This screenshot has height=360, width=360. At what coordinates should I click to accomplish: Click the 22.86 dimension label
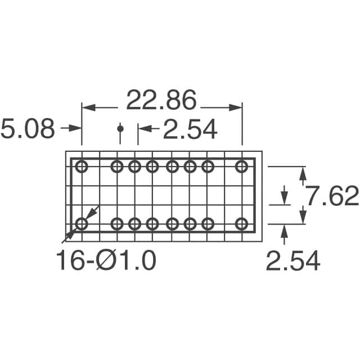(161, 100)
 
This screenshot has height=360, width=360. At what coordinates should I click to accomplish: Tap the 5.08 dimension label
(28, 128)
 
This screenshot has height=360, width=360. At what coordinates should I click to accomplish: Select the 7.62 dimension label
(333, 196)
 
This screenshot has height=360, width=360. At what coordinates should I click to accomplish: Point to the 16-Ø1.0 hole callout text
(106, 260)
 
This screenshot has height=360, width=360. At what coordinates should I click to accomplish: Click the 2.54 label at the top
(190, 129)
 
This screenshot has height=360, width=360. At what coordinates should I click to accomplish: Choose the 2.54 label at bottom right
(293, 260)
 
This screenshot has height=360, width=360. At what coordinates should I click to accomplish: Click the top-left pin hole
(82, 166)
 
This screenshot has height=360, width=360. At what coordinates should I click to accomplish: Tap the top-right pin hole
(242, 166)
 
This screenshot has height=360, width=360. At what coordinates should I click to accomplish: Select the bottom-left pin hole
(82, 224)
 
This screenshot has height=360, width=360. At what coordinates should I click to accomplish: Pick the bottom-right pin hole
(242, 224)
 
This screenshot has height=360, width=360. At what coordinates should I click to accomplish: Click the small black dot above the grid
(120, 129)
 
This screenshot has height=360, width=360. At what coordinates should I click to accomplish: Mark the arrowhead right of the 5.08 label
(75, 128)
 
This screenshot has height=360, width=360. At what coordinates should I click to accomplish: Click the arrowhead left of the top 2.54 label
(145, 129)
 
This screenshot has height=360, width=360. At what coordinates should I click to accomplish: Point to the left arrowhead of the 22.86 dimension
(89, 107)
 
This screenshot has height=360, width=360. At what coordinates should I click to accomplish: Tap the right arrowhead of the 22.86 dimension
(235, 107)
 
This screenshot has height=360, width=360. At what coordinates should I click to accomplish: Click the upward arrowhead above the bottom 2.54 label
(284, 231)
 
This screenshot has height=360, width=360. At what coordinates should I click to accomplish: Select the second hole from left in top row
(117, 166)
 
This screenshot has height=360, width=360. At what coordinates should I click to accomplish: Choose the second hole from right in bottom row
(208, 224)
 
